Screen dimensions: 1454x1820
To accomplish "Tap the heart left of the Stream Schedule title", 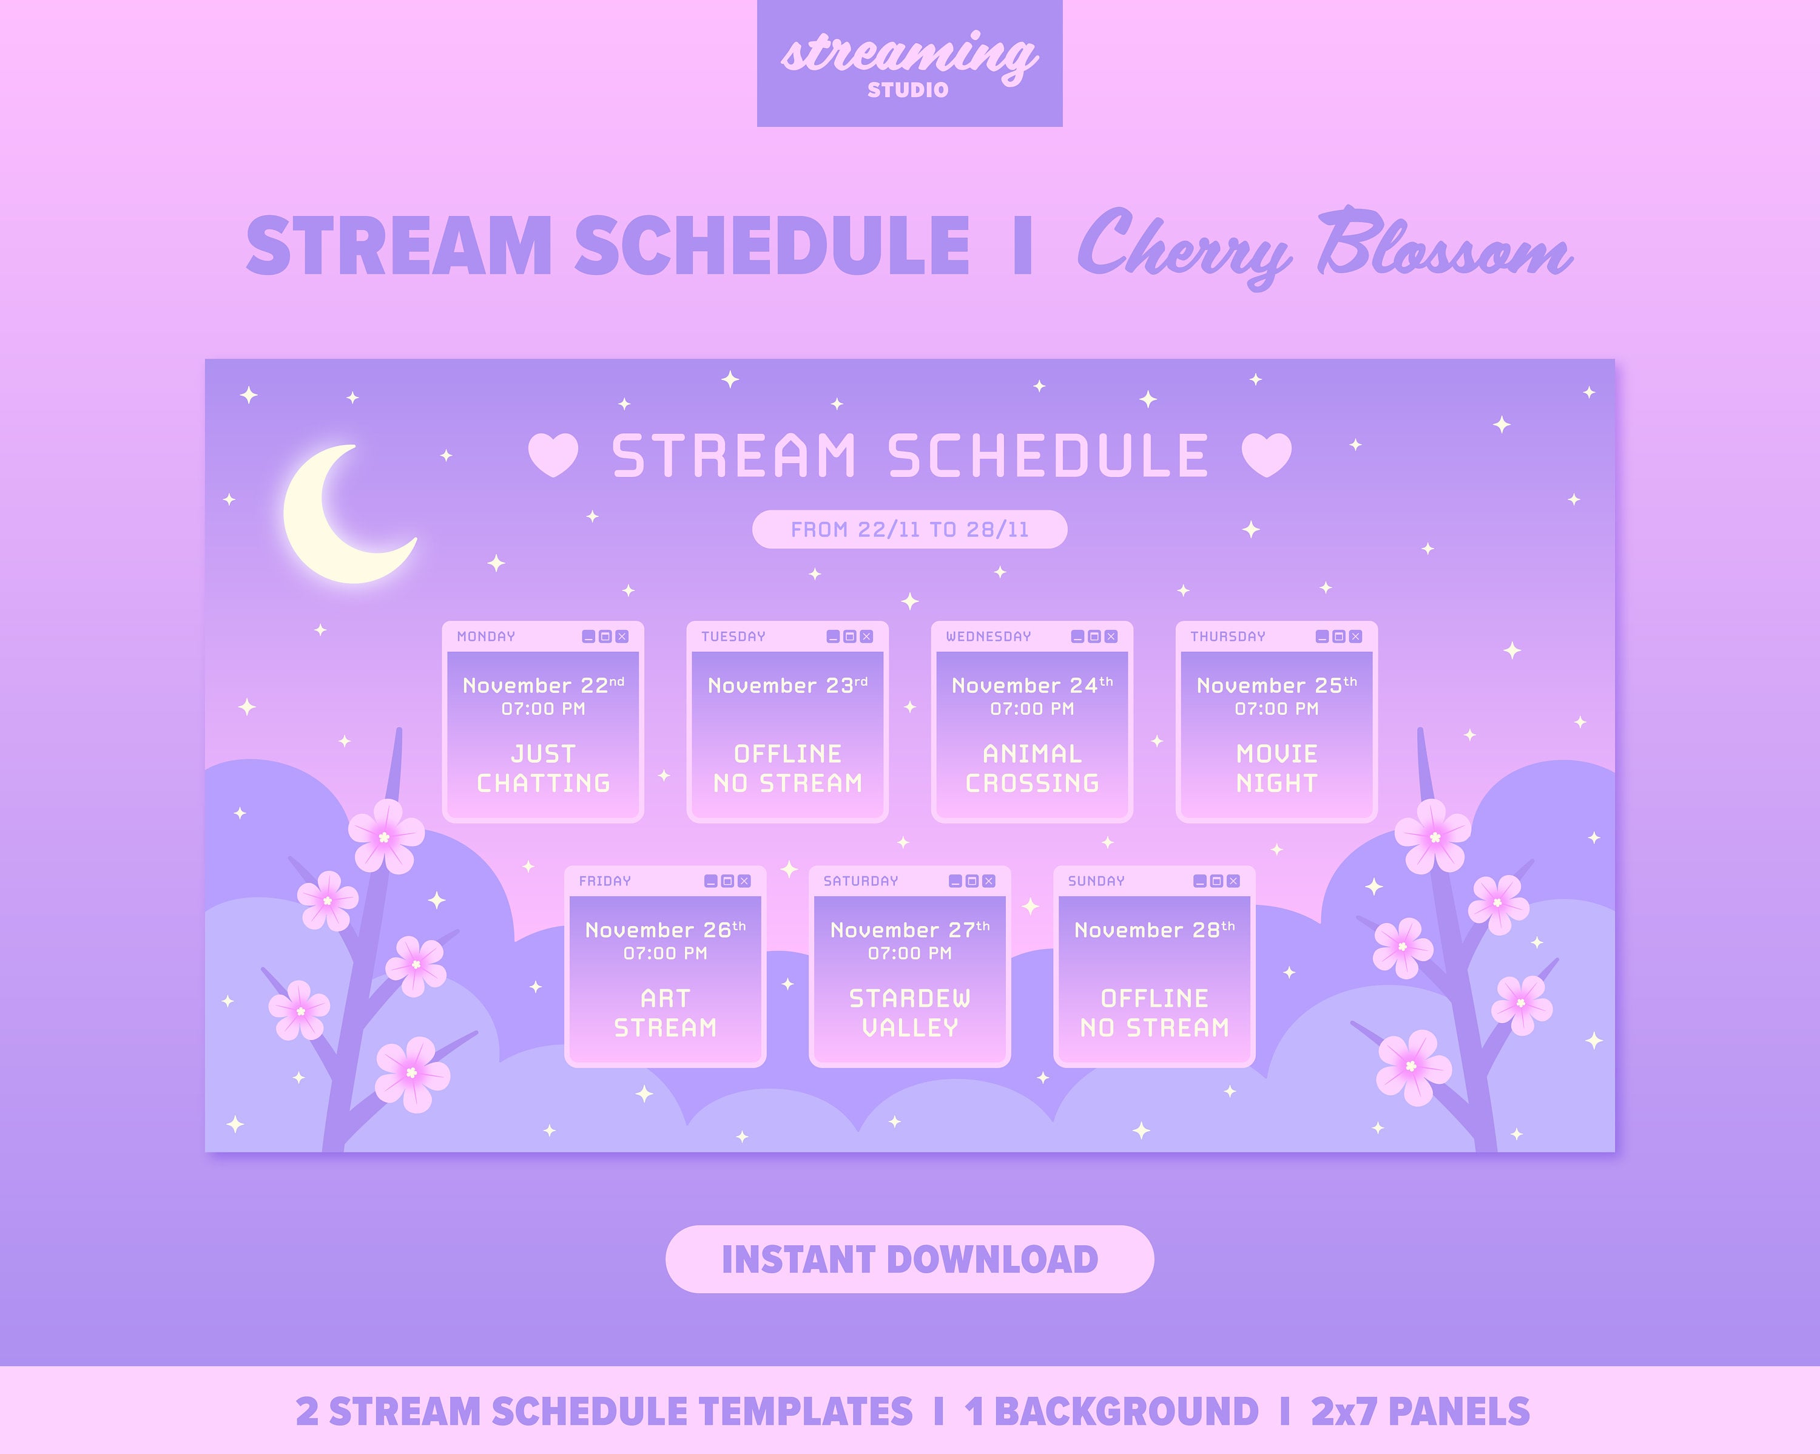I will [x=553, y=455].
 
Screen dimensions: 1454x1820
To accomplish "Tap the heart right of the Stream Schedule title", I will [x=1266, y=455].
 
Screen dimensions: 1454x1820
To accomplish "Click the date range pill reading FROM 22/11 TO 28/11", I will [x=909, y=529].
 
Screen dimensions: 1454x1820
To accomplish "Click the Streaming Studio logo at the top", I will [x=909, y=63].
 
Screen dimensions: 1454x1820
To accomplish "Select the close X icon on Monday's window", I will [x=622, y=637].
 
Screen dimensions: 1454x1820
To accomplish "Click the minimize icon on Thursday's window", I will [x=1322, y=637].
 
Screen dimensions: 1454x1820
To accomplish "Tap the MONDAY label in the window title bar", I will [x=485, y=637].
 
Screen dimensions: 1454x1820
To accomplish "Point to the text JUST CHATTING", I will [x=543, y=768].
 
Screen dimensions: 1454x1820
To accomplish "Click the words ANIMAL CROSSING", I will [x=1031, y=768].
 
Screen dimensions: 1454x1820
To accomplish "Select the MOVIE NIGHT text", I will [x=1276, y=768].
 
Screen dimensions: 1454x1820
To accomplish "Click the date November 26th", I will [x=665, y=930].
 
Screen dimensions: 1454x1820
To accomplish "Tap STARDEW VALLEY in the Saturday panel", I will [x=909, y=1013].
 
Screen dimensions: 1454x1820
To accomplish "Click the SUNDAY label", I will [x=1096, y=881].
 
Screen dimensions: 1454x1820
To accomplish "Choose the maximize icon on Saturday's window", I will [x=972, y=881].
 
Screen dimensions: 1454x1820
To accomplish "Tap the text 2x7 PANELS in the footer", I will [x=1420, y=1411].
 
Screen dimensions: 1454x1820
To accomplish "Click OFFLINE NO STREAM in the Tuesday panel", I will [x=787, y=768].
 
